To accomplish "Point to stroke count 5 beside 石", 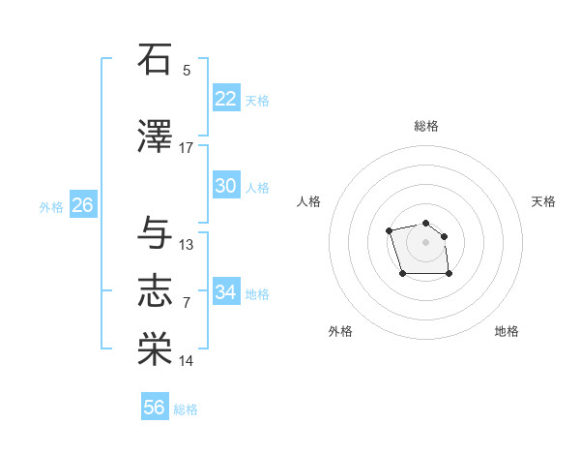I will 187,71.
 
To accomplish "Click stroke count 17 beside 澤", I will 187,148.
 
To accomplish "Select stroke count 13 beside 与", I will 187,245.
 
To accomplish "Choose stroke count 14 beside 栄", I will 187,361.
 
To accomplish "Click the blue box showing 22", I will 225,99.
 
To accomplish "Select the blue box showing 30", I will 225,186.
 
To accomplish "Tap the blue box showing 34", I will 225,292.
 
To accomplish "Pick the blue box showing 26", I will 82,205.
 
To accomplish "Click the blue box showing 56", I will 154,409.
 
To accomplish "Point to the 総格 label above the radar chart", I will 426,126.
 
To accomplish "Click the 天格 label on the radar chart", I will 543,201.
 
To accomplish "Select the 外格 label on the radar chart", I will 340,331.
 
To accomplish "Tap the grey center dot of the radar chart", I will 426,241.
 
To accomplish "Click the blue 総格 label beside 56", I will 186,409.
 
